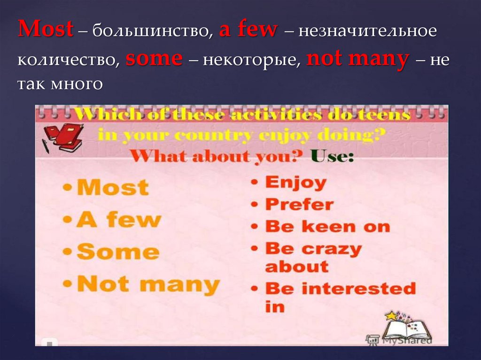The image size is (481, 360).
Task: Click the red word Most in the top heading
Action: click(x=46, y=30)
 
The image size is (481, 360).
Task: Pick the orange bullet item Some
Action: click(x=117, y=252)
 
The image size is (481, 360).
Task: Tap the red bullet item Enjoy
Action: click(x=295, y=182)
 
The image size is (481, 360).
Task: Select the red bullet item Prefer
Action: click(x=299, y=204)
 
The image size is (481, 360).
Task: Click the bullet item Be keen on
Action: click(x=327, y=226)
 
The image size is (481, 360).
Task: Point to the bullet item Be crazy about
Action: click(x=313, y=257)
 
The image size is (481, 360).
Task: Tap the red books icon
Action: click(x=63, y=137)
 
